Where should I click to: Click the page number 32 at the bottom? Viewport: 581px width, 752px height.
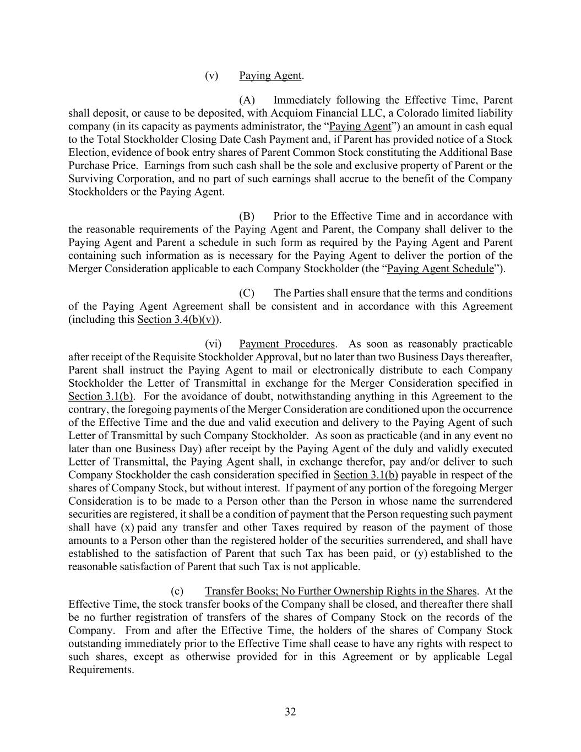(x=290, y=712)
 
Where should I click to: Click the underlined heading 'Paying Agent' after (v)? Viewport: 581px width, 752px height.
(x=270, y=75)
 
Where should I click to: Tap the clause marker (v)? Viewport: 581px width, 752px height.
(x=211, y=75)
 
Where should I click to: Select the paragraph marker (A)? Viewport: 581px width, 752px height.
(x=247, y=100)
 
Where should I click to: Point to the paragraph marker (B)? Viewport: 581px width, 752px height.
(x=247, y=217)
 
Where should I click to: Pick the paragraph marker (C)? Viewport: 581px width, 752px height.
(x=247, y=293)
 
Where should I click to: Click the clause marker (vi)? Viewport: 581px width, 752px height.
(x=213, y=344)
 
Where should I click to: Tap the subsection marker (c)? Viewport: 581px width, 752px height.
(x=177, y=591)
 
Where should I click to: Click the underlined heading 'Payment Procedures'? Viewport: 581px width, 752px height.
(x=287, y=344)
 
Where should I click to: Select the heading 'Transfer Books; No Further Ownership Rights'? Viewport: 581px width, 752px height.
(x=340, y=591)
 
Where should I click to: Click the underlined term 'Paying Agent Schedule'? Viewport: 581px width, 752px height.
(x=441, y=269)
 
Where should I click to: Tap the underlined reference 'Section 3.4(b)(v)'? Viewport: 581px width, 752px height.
(x=176, y=320)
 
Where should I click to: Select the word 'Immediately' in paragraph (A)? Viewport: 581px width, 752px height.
(x=301, y=100)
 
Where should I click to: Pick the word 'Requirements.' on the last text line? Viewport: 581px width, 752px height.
(x=101, y=670)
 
